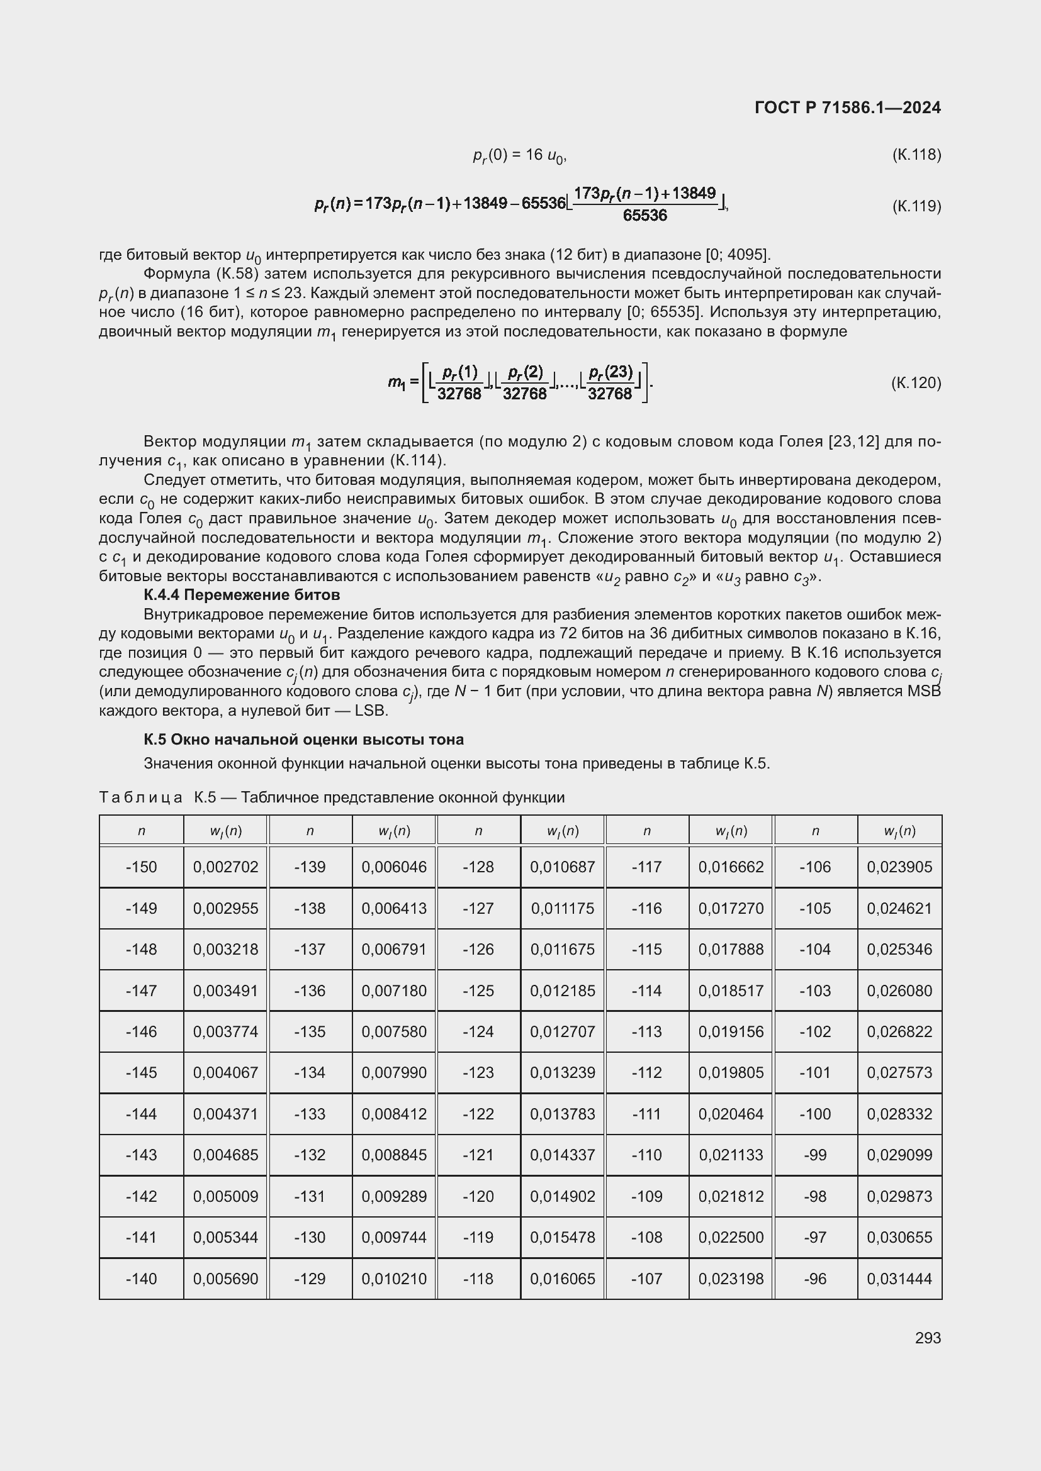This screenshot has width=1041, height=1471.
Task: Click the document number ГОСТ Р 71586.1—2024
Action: pyautogui.click(x=847, y=108)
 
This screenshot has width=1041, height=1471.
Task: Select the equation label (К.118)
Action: pyautogui.click(x=916, y=155)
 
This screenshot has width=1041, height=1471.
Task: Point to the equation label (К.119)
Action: pyautogui.click(x=916, y=206)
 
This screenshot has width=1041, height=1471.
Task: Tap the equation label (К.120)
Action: pyautogui.click(x=916, y=383)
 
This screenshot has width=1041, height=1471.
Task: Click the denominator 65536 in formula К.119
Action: pyautogui.click(x=644, y=216)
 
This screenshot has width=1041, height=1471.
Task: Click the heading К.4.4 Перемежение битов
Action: pyautogui.click(x=242, y=595)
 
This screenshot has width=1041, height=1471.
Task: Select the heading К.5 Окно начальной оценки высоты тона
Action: pyautogui.click(x=303, y=740)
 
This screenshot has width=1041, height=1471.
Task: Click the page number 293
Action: pyautogui.click(x=928, y=1338)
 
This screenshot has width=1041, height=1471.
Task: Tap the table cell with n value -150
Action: pyautogui.click(x=141, y=867)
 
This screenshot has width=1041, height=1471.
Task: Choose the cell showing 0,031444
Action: pyautogui.click(x=899, y=1279)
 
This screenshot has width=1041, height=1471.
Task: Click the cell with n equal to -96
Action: pyautogui.click(x=814, y=1279)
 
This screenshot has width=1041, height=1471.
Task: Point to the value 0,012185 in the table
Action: pyautogui.click(x=562, y=991)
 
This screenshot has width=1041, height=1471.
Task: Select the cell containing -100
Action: pyautogui.click(x=814, y=1114)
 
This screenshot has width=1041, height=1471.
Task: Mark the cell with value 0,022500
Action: pyautogui.click(x=731, y=1237)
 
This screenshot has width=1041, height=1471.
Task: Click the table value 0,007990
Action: pyautogui.click(x=393, y=1072)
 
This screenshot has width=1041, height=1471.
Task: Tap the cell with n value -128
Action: pyautogui.click(x=478, y=867)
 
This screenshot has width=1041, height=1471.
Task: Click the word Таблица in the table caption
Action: pyautogui.click(x=141, y=797)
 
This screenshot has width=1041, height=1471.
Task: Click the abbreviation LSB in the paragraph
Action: pyautogui.click(x=371, y=711)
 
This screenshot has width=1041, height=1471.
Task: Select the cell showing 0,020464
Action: pyautogui.click(x=731, y=1114)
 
